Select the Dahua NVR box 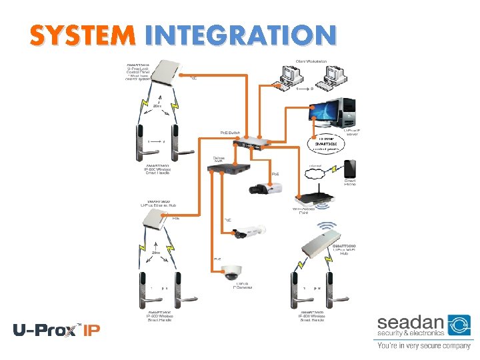click(230, 167)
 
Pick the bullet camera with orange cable click(247, 231)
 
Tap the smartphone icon click(350, 169)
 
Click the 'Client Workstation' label click(311, 62)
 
